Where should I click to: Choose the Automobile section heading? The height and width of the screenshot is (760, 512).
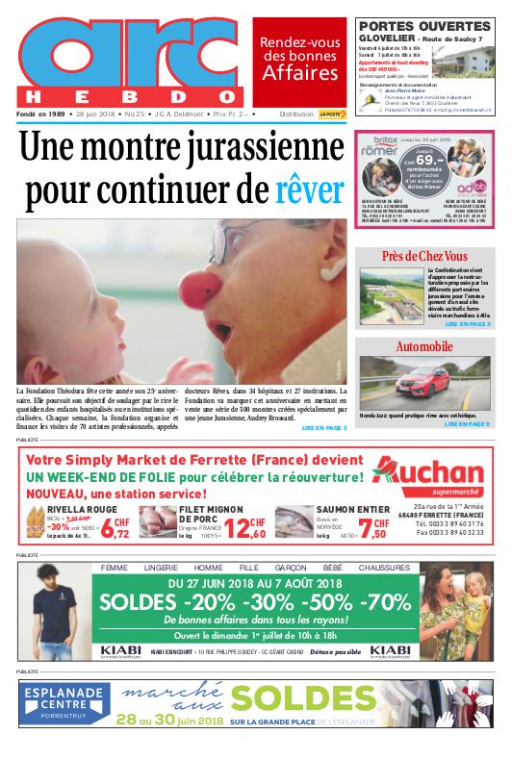pyautogui.click(x=424, y=346)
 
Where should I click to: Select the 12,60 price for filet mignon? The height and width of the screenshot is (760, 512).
pyautogui.click(x=243, y=528)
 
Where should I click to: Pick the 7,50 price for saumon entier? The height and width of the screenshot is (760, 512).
pyautogui.click(x=374, y=531)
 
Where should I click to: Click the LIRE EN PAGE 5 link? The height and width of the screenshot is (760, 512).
pyautogui.click(x=323, y=427)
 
